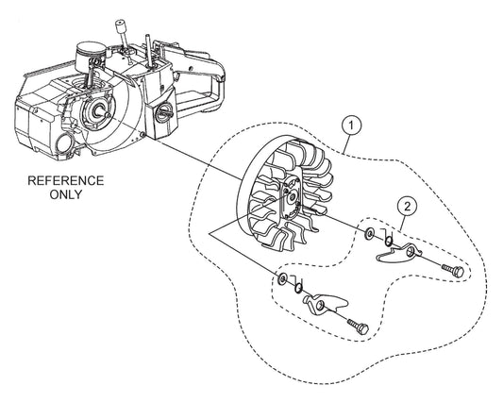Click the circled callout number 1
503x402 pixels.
[x=352, y=123]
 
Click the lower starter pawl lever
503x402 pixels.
[x=329, y=302]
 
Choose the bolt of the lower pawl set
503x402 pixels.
[x=358, y=325]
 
